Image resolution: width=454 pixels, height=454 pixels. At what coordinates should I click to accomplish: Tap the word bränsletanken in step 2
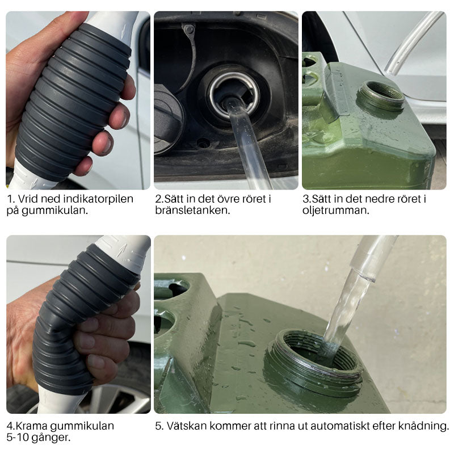pyautogui.click(x=184, y=210)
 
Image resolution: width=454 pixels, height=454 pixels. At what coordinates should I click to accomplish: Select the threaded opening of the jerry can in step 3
pyautogui.click(x=380, y=95)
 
